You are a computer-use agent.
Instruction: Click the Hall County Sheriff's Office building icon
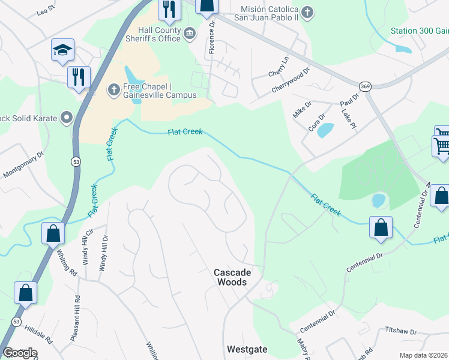pyautogui.click(x=190, y=33)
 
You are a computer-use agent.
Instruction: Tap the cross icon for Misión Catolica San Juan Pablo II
pyautogui.click(x=307, y=13)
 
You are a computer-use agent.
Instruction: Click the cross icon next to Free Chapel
pyautogui.click(x=113, y=90)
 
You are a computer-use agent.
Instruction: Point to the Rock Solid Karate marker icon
pyautogui.click(x=67, y=118)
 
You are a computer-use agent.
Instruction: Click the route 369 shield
pyautogui.click(x=366, y=86)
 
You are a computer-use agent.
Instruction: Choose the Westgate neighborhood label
pyautogui.click(x=247, y=349)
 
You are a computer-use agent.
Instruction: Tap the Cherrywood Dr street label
pyautogui.click(x=291, y=79)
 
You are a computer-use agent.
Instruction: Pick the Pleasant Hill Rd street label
pyautogui.click(x=74, y=318)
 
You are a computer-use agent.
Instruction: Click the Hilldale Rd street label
pyautogui.click(x=38, y=334)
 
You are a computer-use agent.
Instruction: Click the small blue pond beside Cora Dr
pyautogui.click(x=325, y=129)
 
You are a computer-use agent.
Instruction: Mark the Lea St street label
pyautogui.click(x=45, y=10)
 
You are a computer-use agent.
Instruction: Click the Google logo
pyautogui.click(x=20, y=353)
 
